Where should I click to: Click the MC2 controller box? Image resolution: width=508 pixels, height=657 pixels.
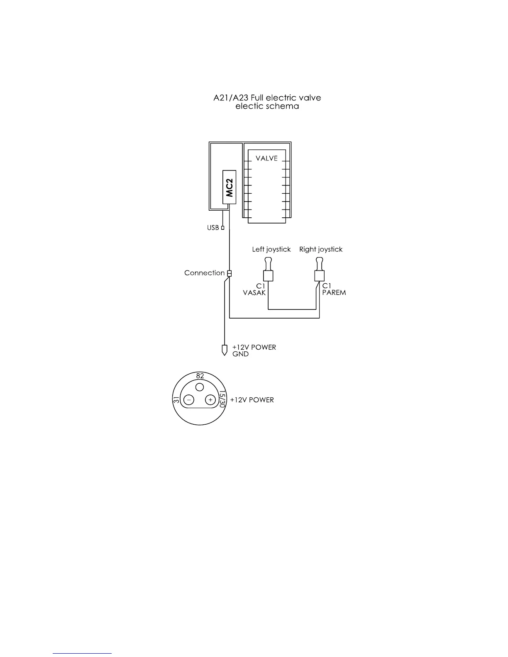point(230,187)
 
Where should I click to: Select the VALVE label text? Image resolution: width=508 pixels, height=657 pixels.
point(266,158)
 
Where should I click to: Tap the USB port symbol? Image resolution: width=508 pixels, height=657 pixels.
point(223,227)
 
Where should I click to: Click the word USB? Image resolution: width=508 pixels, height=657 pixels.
point(213,228)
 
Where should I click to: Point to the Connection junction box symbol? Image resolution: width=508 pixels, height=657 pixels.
point(229,273)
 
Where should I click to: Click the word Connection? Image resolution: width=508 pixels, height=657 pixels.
point(204,273)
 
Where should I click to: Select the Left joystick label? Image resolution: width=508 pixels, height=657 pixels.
point(271,249)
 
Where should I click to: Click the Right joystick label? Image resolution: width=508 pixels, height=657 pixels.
point(321,249)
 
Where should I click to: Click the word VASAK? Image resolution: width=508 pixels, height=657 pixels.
point(254,292)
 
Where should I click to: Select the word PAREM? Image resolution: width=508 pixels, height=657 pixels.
point(334,292)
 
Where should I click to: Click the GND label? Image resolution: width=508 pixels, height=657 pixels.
point(240,354)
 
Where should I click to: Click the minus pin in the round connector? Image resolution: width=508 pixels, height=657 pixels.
point(189,400)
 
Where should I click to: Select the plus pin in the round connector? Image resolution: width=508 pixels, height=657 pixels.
point(210,400)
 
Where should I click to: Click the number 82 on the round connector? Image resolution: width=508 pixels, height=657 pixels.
point(200,376)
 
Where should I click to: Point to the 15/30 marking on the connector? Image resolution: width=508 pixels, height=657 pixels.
point(222,399)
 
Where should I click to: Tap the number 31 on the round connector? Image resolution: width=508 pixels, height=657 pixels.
point(176,400)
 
